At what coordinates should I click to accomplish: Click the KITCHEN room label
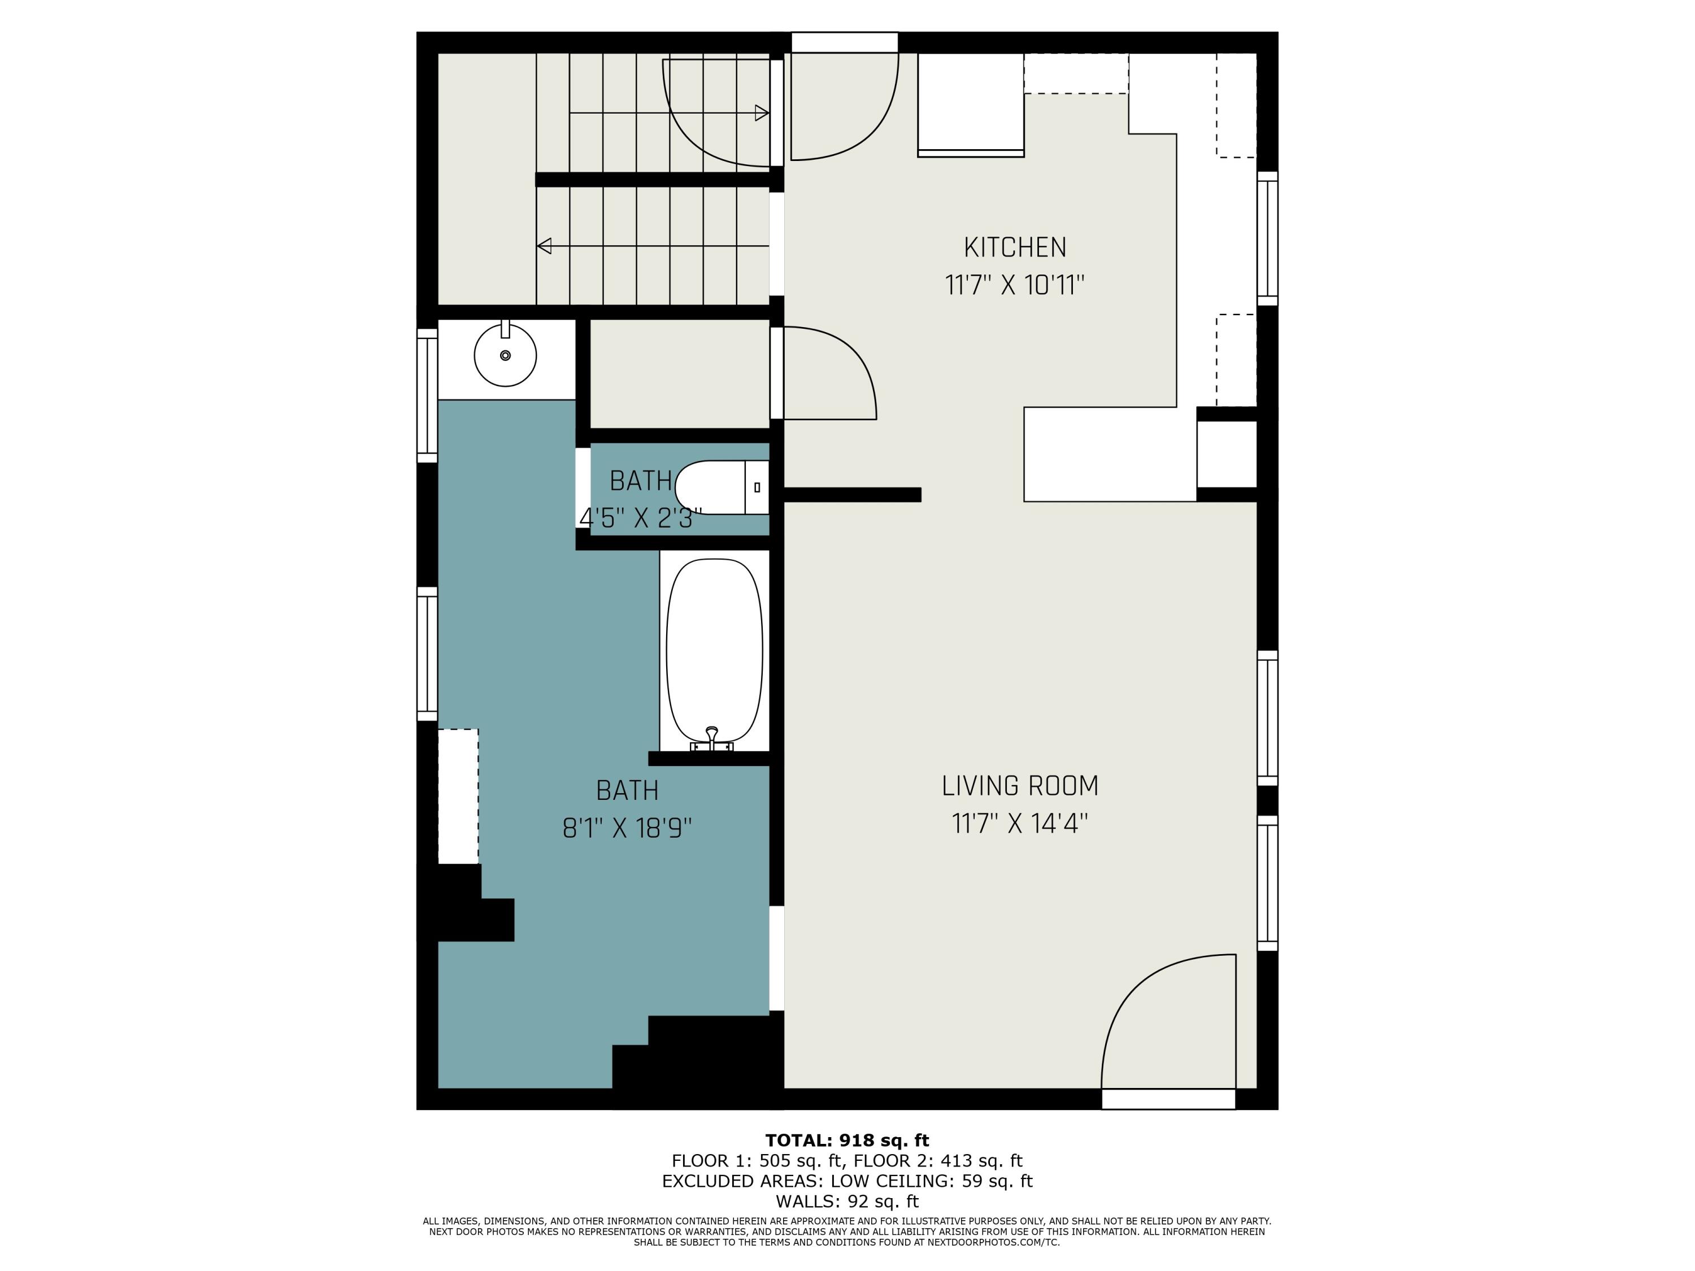click(1015, 247)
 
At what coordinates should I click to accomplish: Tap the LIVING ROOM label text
click(1019, 786)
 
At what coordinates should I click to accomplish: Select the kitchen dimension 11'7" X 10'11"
click(1015, 286)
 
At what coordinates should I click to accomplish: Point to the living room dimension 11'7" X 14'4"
click(1019, 824)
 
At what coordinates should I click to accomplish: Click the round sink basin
click(505, 355)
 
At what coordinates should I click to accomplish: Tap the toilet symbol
click(720, 487)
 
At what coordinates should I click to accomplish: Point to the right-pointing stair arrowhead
click(762, 114)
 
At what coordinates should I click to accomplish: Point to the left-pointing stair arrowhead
click(545, 246)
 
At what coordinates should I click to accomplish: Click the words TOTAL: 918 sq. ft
click(847, 1141)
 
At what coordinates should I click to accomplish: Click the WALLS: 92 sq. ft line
click(847, 1202)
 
